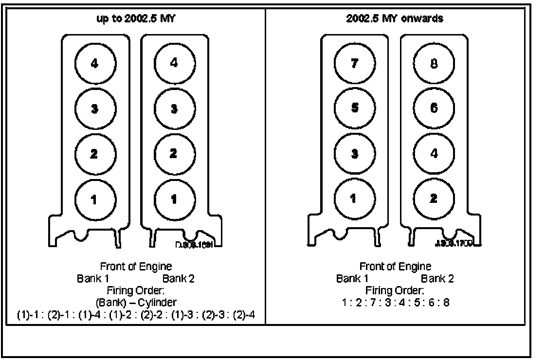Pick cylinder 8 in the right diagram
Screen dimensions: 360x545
click(434, 64)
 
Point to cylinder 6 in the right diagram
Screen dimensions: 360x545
click(434, 108)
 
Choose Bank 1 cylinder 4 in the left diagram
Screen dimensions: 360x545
click(95, 64)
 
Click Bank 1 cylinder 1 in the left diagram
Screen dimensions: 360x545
click(95, 199)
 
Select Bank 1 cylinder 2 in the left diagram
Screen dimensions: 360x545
click(95, 154)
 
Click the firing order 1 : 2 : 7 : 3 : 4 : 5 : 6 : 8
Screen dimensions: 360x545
click(395, 303)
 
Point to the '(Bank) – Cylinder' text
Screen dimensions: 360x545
click(136, 303)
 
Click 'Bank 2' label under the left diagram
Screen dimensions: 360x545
click(179, 279)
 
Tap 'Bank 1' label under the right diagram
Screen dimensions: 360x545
click(352, 279)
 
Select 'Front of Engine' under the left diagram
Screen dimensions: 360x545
click(136, 267)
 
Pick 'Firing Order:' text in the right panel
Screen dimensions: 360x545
click(395, 291)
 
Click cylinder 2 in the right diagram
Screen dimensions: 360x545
click(434, 199)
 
